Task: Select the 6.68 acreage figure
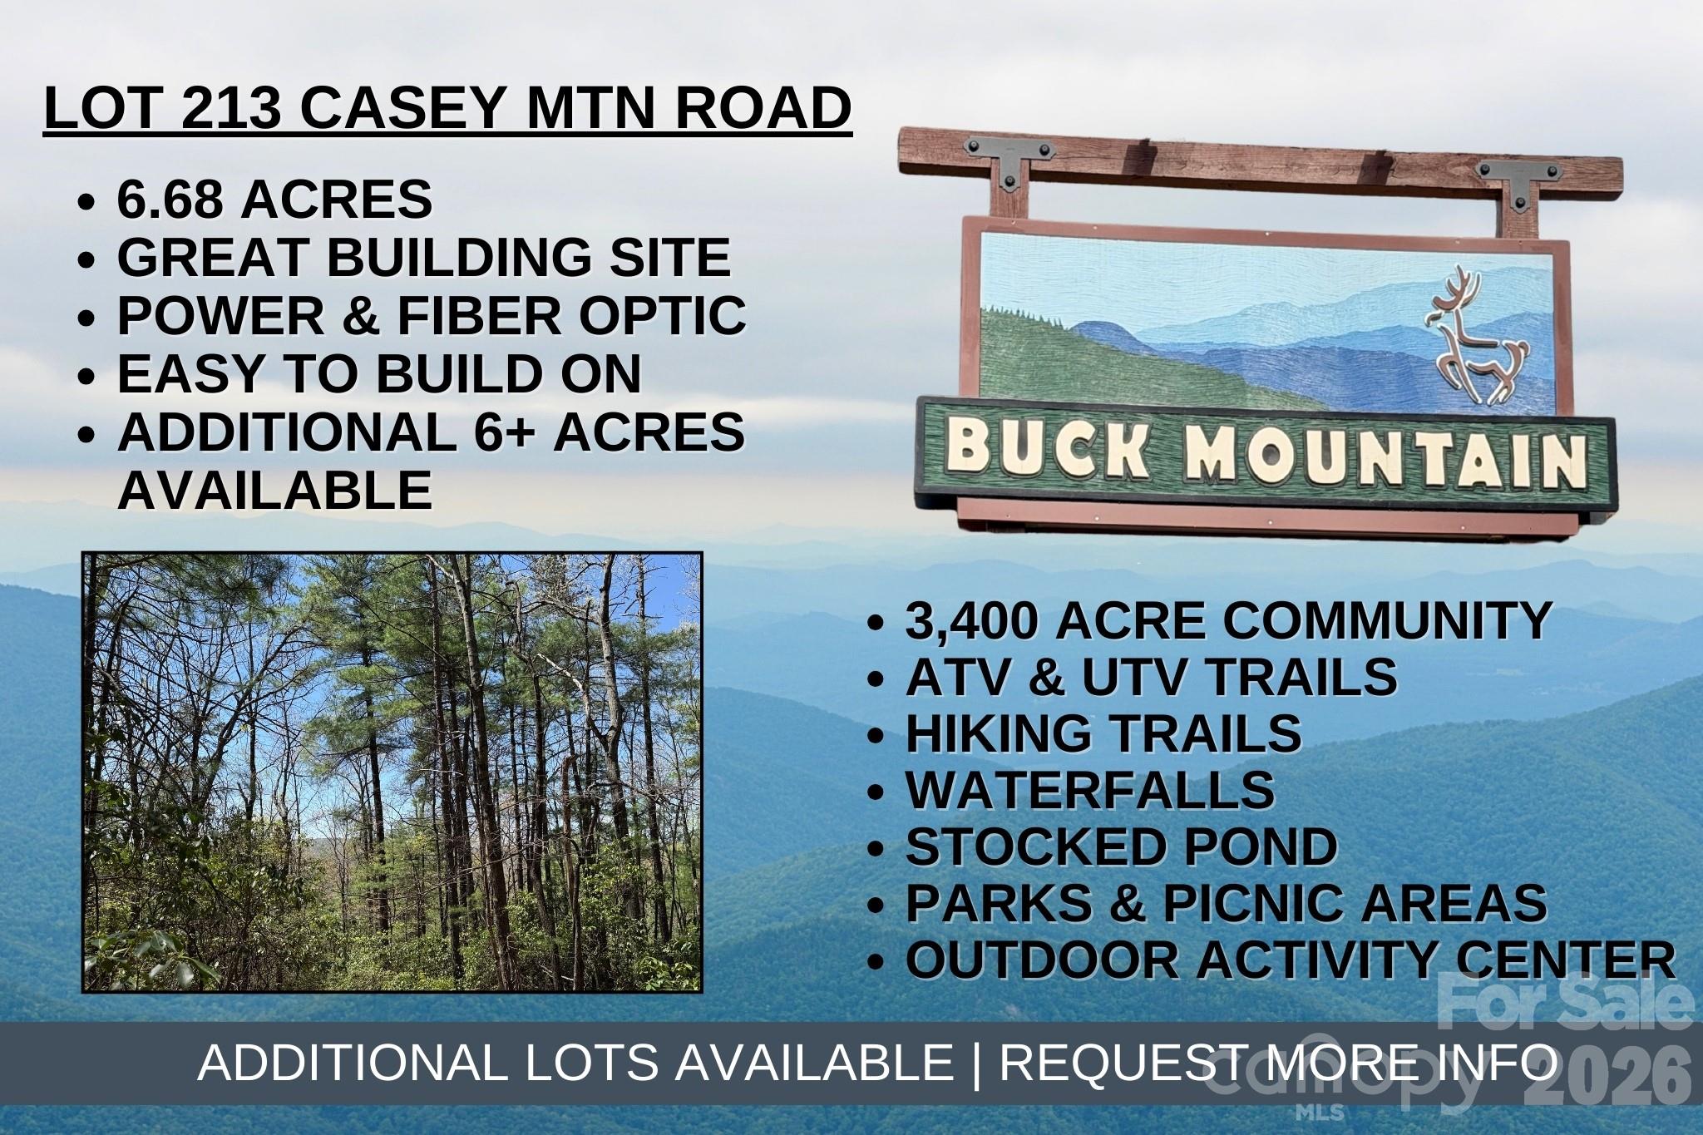171,200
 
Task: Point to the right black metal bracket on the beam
1518,180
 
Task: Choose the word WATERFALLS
1089,790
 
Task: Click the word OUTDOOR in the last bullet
1043,960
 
